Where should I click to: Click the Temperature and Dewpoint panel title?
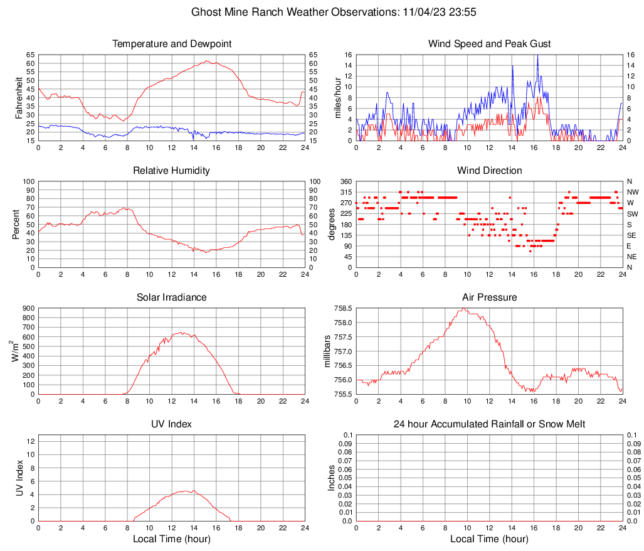(x=172, y=44)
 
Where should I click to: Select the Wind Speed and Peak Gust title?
(x=490, y=44)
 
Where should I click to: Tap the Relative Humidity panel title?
(x=172, y=171)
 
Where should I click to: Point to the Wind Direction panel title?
(x=490, y=171)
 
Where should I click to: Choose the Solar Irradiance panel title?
(x=172, y=297)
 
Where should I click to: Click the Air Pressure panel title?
(x=490, y=297)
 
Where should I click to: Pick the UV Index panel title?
(x=172, y=424)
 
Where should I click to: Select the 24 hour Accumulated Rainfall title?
(x=490, y=424)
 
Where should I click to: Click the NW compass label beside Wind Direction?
(x=633, y=192)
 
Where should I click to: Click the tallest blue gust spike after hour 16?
(x=537, y=56)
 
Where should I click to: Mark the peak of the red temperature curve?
(x=206, y=61)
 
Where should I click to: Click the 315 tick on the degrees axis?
(x=344, y=192)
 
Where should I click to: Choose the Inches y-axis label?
(x=332, y=478)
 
